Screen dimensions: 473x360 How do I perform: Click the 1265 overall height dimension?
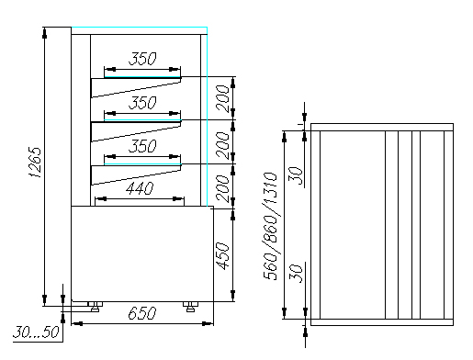35,163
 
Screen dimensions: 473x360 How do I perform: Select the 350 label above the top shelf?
142,59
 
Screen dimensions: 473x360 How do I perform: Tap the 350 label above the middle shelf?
142,103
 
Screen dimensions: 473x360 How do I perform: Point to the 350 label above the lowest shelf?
142,146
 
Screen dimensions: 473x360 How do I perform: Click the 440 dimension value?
140,188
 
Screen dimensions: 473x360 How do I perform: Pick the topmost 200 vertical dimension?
222,98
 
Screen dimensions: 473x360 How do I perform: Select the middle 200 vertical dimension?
222,145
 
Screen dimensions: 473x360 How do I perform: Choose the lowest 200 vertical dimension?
222,188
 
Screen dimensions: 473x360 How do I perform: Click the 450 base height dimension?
222,256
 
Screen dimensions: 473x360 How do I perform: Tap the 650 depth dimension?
142,313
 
